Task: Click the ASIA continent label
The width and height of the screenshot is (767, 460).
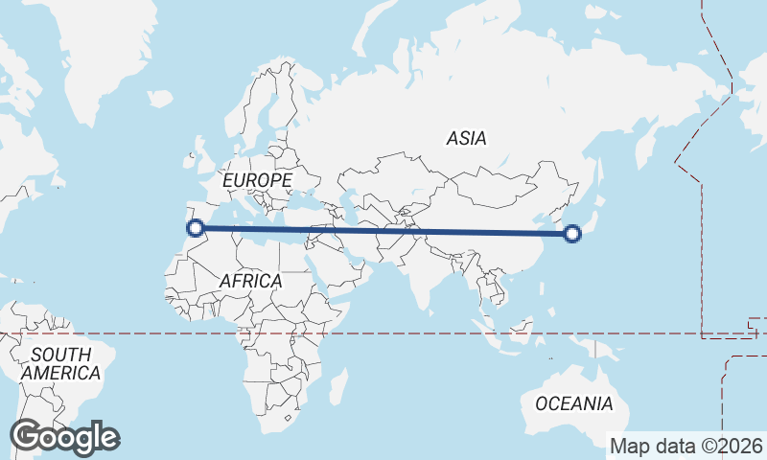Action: click(x=466, y=138)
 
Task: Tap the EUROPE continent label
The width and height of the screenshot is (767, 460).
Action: click(x=256, y=180)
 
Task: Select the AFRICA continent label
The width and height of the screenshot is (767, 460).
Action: click(x=250, y=281)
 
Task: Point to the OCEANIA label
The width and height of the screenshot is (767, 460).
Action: click(x=573, y=403)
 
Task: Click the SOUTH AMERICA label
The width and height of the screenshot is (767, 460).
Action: click(x=60, y=363)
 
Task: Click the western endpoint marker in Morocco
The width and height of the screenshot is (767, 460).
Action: click(x=196, y=228)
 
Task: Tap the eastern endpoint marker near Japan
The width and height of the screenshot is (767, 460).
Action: click(x=572, y=233)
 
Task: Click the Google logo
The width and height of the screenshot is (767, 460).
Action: click(x=64, y=437)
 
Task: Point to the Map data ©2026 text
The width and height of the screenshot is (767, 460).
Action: click(x=686, y=446)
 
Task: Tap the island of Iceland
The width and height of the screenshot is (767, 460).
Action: click(x=160, y=98)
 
